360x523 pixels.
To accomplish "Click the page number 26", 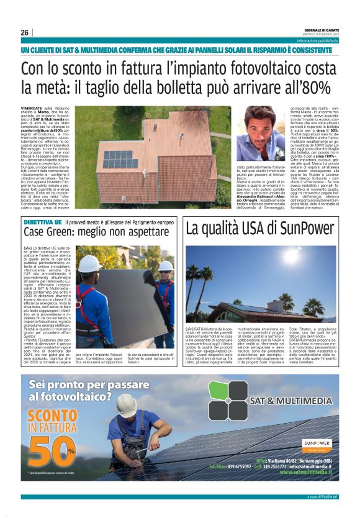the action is point(25,33).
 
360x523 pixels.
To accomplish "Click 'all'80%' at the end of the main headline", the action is point(304,88).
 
